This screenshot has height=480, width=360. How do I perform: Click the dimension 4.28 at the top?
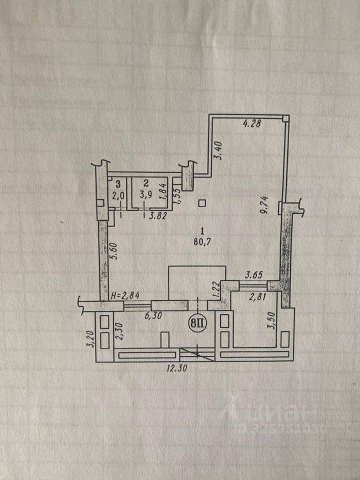[252, 124]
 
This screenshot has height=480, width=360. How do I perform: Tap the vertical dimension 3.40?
[218, 150]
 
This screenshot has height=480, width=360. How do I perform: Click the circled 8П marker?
[198, 323]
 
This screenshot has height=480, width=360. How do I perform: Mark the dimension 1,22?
[216, 290]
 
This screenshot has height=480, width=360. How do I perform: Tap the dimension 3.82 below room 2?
[157, 216]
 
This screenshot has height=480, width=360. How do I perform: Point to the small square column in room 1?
[201, 202]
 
